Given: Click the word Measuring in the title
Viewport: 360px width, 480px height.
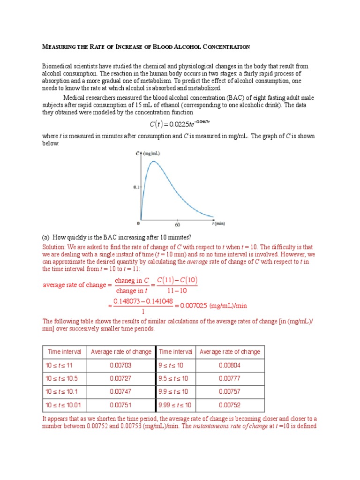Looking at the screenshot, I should pos(57,47).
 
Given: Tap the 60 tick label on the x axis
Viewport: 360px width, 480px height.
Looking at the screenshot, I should pos(178,225).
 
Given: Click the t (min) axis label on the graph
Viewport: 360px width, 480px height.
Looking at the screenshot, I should pos(218,224).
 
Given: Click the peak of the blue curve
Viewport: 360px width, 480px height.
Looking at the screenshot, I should pos(152,162).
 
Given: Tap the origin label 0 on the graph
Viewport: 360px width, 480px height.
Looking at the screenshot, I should pos(138,224).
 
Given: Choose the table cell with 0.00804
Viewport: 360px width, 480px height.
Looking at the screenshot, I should pos(230,365).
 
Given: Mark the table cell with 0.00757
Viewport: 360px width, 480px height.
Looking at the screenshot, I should pos(230,391).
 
